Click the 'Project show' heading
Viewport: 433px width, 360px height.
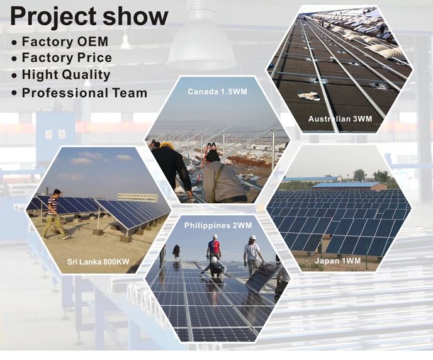(x=89, y=16)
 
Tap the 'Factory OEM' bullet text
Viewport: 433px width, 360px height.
(x=65, y=42)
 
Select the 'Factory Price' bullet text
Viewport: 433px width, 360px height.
(x=67, y=58)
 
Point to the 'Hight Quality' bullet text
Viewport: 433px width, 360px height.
(x=66, y=75)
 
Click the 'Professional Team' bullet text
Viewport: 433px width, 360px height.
(x=84, y=93)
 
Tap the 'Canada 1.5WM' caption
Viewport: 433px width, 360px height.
(x=217, y=92)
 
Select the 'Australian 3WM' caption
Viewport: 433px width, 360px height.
(x=340, y=119)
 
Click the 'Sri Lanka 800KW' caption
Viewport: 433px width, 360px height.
(x=98, y=261)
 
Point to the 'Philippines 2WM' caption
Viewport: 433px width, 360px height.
(x=218, y=225)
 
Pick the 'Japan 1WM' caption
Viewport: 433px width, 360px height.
(x=338, y=261)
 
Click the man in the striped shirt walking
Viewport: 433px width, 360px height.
(x=54, y=215)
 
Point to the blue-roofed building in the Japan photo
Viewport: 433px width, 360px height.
(x=346, y=186)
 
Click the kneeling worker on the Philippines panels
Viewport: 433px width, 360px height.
(x=215, y=267)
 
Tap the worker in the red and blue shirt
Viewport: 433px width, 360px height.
(x=214, y=247)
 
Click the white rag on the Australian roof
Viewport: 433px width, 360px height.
(x=309, y=96)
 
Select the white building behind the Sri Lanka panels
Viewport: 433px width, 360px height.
(x=138, y=197)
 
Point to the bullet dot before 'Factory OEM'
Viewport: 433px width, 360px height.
(x=14, y=43)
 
